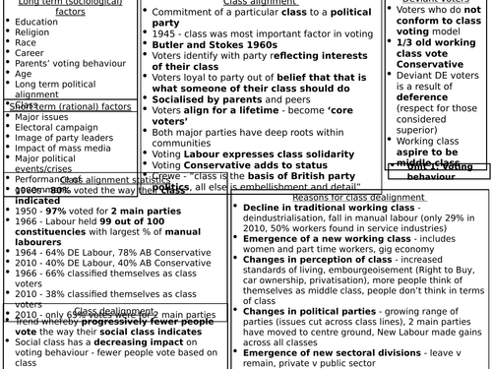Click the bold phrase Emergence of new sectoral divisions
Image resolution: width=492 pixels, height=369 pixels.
pyautogui.click(x=325, y=352)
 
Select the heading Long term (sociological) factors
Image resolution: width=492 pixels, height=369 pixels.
pyautogui.click(x=55, y=12)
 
